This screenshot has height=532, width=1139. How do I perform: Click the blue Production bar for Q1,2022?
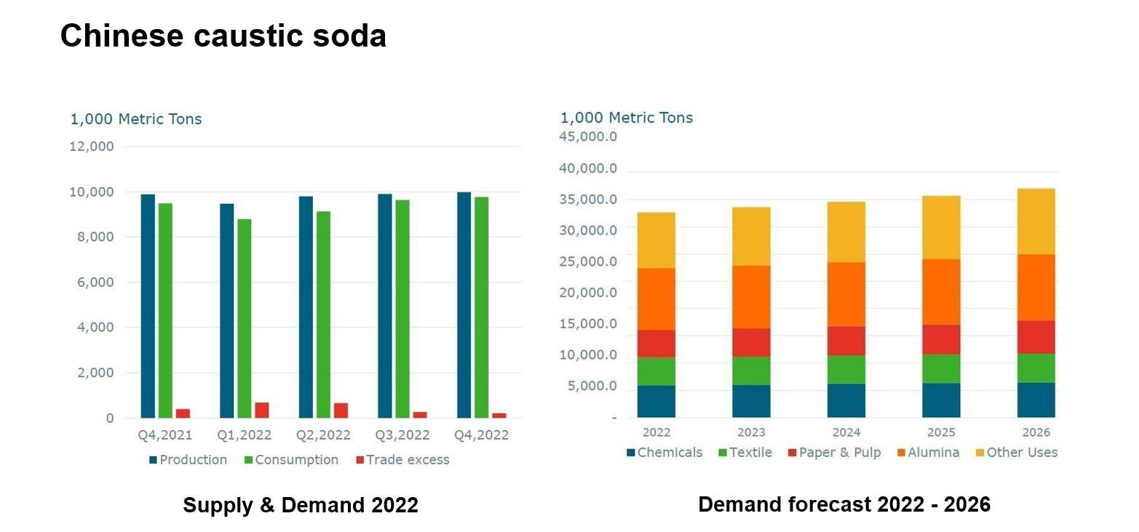point(226,311)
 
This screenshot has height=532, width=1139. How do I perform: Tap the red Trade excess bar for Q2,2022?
point(341,410)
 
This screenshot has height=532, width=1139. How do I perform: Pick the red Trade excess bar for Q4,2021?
point(183,413)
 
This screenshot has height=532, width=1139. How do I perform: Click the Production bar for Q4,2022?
point(464,305)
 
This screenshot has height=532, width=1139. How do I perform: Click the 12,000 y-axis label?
point(92,146)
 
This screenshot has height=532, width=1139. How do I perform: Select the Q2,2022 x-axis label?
point(323,435)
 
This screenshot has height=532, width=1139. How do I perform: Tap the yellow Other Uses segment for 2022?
point(656,240)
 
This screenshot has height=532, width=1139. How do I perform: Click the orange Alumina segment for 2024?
point(846,294)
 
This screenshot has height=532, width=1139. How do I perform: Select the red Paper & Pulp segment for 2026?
point(1036,337)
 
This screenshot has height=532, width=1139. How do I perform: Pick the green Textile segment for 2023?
point(751,370)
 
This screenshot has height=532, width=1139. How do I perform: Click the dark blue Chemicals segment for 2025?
point(941,400)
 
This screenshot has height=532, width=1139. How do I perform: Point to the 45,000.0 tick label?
point(588,137)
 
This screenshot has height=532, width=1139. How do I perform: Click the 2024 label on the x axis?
point(846,432)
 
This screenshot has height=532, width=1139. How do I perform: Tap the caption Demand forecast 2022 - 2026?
point(844,504)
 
